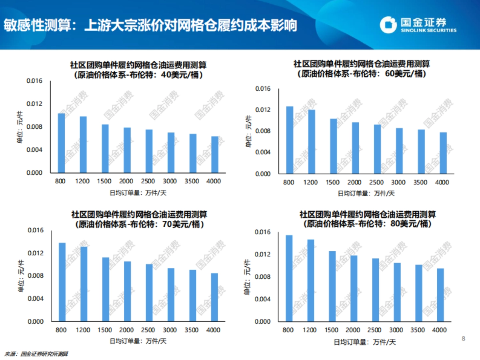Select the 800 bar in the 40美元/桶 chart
click(61, 143)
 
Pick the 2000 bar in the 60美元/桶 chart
click(355, 148)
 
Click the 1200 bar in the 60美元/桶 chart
click(311, 142)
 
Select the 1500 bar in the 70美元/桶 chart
click(106, 289)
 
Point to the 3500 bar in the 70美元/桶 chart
click(193, 295)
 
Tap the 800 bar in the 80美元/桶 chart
click(289, 278)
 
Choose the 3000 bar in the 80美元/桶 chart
click(397, 292)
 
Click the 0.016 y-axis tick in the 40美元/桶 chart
click(34, 81)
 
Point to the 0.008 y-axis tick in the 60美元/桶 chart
click(263, 131)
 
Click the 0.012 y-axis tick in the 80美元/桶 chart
click(263, 254)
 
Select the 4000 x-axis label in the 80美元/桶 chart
click(440, 330)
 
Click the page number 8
click(464, 339)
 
